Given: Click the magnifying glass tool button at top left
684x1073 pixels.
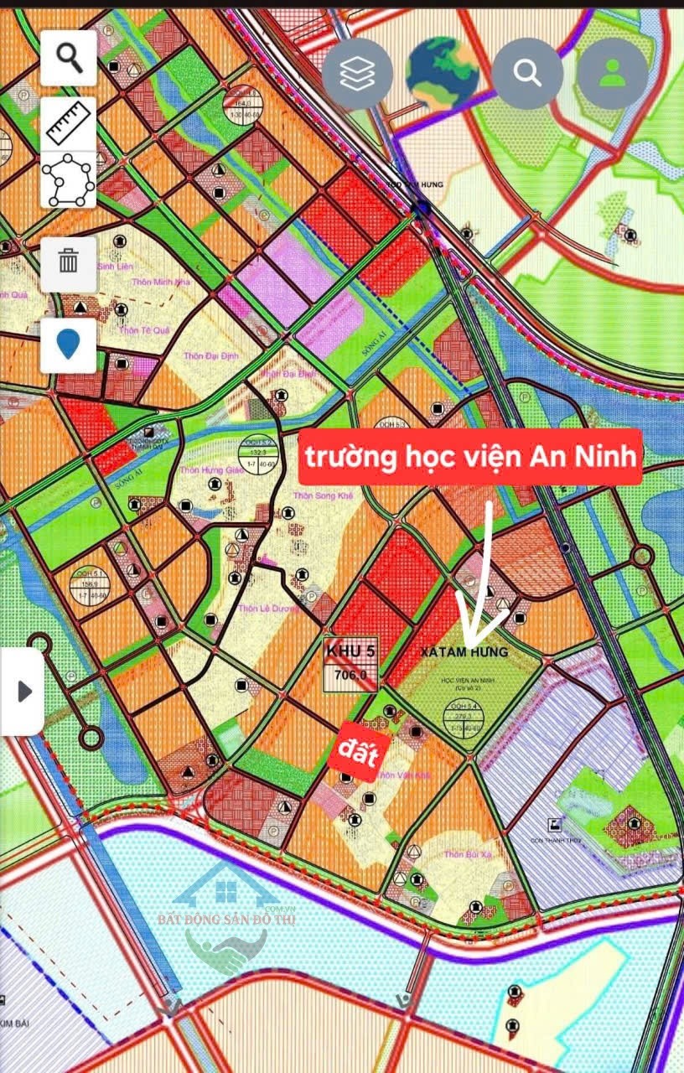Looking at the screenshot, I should (69, 58).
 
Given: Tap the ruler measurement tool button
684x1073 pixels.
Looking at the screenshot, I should (69, 124).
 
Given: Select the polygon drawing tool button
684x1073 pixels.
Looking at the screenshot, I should (69, 180).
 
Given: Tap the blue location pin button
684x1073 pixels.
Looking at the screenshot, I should (69, 345).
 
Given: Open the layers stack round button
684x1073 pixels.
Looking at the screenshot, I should (357, 74).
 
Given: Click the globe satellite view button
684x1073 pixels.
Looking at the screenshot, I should (442, 74).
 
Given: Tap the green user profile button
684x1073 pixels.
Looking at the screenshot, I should (613, 74).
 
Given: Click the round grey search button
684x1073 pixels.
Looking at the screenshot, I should (527, 74).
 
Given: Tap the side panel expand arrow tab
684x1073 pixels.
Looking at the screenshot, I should (23, 692).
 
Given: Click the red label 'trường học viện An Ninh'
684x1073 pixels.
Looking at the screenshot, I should (470, 457).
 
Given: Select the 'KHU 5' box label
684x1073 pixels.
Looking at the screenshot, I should (350, 651).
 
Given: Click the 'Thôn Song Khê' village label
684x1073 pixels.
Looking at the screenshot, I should (323, 496).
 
